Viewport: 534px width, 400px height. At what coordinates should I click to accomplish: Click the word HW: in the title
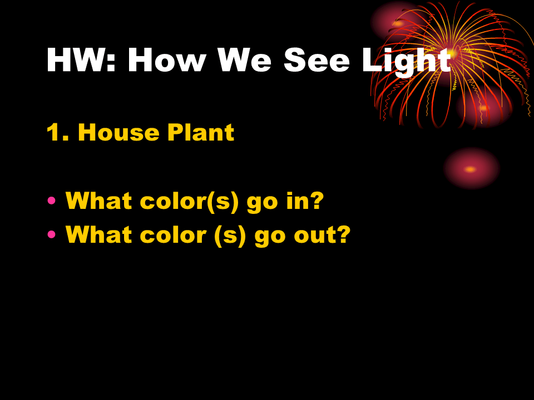(81, 60)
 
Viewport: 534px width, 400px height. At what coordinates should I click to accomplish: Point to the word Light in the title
(406, 60)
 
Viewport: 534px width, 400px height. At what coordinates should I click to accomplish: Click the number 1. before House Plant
(58, 132)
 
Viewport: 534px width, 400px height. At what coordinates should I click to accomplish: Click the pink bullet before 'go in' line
(52, 201)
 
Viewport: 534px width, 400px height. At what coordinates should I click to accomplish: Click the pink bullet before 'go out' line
(52, 234)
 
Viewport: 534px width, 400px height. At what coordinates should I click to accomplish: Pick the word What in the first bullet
(99, 201)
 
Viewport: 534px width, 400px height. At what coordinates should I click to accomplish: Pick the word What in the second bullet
(99, 234)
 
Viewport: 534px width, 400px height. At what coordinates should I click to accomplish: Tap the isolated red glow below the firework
(471, 169)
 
